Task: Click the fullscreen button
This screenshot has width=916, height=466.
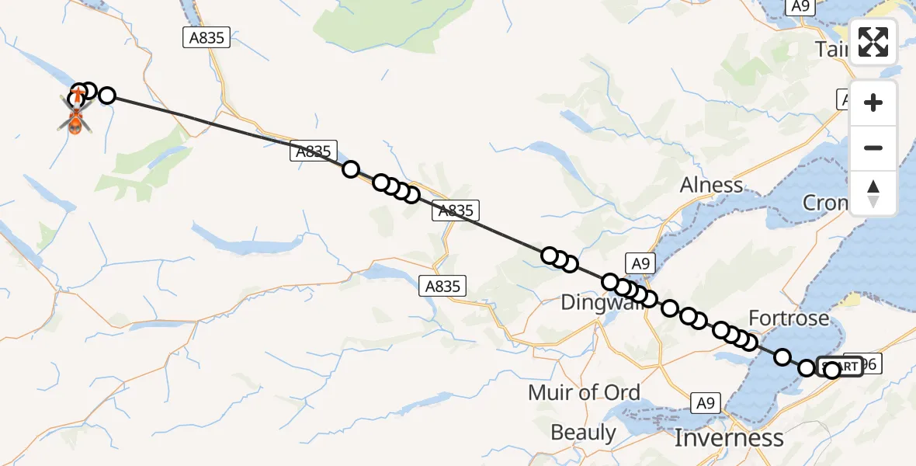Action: [x=873, y=42]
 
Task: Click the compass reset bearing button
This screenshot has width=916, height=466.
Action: [x=873, y=193]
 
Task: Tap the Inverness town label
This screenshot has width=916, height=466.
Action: [x=729, y=438]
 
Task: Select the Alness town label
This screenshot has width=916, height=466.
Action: [x=711, y=186]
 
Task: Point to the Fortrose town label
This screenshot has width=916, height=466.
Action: [x=788, y=318]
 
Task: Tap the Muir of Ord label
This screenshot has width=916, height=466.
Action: [x=584, y=393]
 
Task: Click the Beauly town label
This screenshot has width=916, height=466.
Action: [x=583, y=432]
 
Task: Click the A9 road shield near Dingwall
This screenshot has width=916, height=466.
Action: [x=640, y=264]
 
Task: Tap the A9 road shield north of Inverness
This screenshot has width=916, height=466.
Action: [x=705, y=403]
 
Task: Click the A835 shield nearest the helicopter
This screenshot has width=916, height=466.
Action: [x=206, y=37]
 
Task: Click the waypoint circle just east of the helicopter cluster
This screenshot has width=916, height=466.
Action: [x=107, y=96]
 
